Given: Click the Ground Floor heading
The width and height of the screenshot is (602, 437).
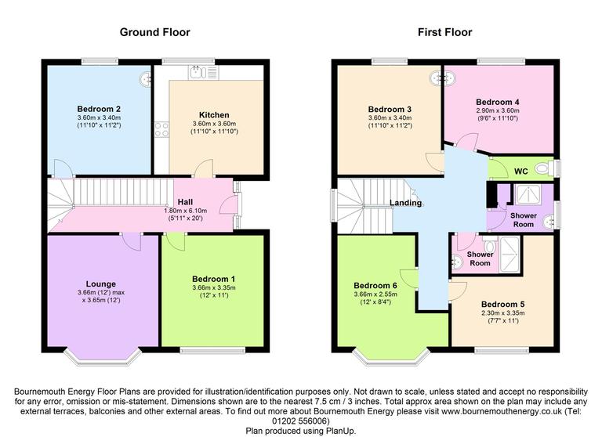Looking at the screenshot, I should [154, 32].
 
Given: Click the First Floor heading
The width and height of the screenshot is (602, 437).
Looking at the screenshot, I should [444, 32].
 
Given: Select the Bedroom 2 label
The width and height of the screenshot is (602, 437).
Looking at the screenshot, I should [98, 108].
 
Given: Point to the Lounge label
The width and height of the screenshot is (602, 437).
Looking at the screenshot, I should [101, 284].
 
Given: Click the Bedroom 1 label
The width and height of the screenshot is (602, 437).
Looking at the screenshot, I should [214, 279].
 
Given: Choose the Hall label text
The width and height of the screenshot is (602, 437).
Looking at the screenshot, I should [185, 201].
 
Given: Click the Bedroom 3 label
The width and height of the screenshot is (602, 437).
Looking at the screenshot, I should [390, 109].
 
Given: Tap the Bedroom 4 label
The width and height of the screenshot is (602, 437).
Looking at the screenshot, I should [498, 102].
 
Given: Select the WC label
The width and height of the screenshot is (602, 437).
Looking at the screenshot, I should [521, 172].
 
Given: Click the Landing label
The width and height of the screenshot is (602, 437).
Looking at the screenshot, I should [407, 203].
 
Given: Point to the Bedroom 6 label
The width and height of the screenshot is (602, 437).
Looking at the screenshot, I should [375, 285].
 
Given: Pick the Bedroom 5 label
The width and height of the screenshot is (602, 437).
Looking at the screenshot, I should [502, 304].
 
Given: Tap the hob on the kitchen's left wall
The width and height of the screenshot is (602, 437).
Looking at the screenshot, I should [162, 130].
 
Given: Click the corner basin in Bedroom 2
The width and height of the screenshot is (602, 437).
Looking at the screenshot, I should [146, 78].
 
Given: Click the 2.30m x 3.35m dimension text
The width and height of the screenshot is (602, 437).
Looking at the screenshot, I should [502, 313].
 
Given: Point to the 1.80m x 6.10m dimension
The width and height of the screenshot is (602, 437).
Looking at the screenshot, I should [185, 211].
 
